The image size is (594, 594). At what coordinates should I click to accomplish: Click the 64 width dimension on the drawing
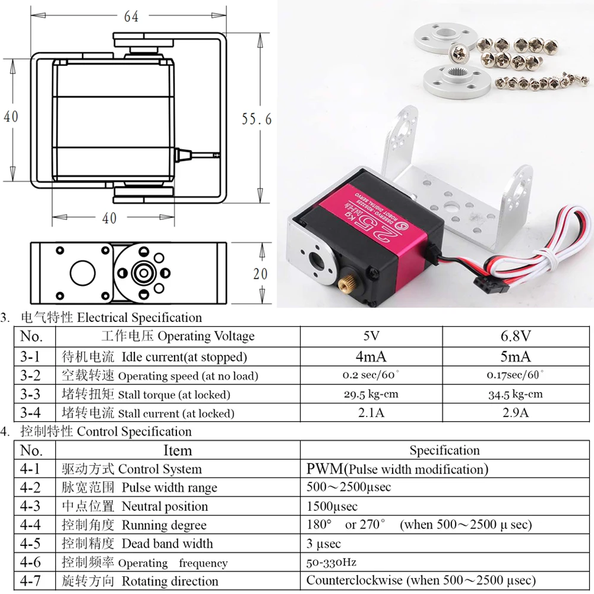click(x=131, y=17)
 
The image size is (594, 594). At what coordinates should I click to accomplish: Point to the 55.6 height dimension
click(x=256, y=119)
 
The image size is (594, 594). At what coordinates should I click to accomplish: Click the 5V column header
click(x=371, y=336)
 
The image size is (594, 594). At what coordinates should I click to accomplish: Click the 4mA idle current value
click(x=371, y=356)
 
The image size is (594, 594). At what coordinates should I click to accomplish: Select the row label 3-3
click(x=31, y=394)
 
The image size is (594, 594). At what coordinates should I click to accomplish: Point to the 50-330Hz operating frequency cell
click(x=331, y=562)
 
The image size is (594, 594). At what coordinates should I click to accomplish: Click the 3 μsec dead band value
click(x=324, y=544)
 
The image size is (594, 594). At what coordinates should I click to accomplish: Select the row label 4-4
click(x=31, y=525)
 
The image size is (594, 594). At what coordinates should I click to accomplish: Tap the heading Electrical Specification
click(x=140, y=317)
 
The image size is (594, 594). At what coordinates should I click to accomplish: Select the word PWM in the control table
click(x=324, y=469)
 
